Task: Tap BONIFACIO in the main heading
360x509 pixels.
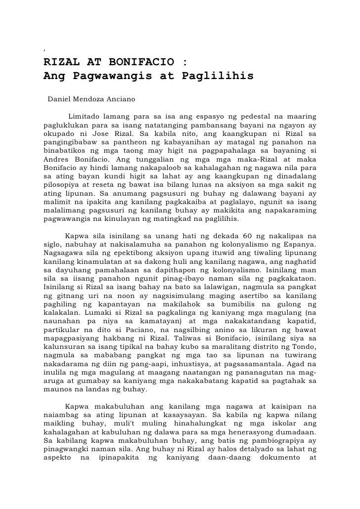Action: pyautogui.click(x=137, y=63)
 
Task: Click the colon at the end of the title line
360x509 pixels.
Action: pyautogui.click(x=184, y=63)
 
